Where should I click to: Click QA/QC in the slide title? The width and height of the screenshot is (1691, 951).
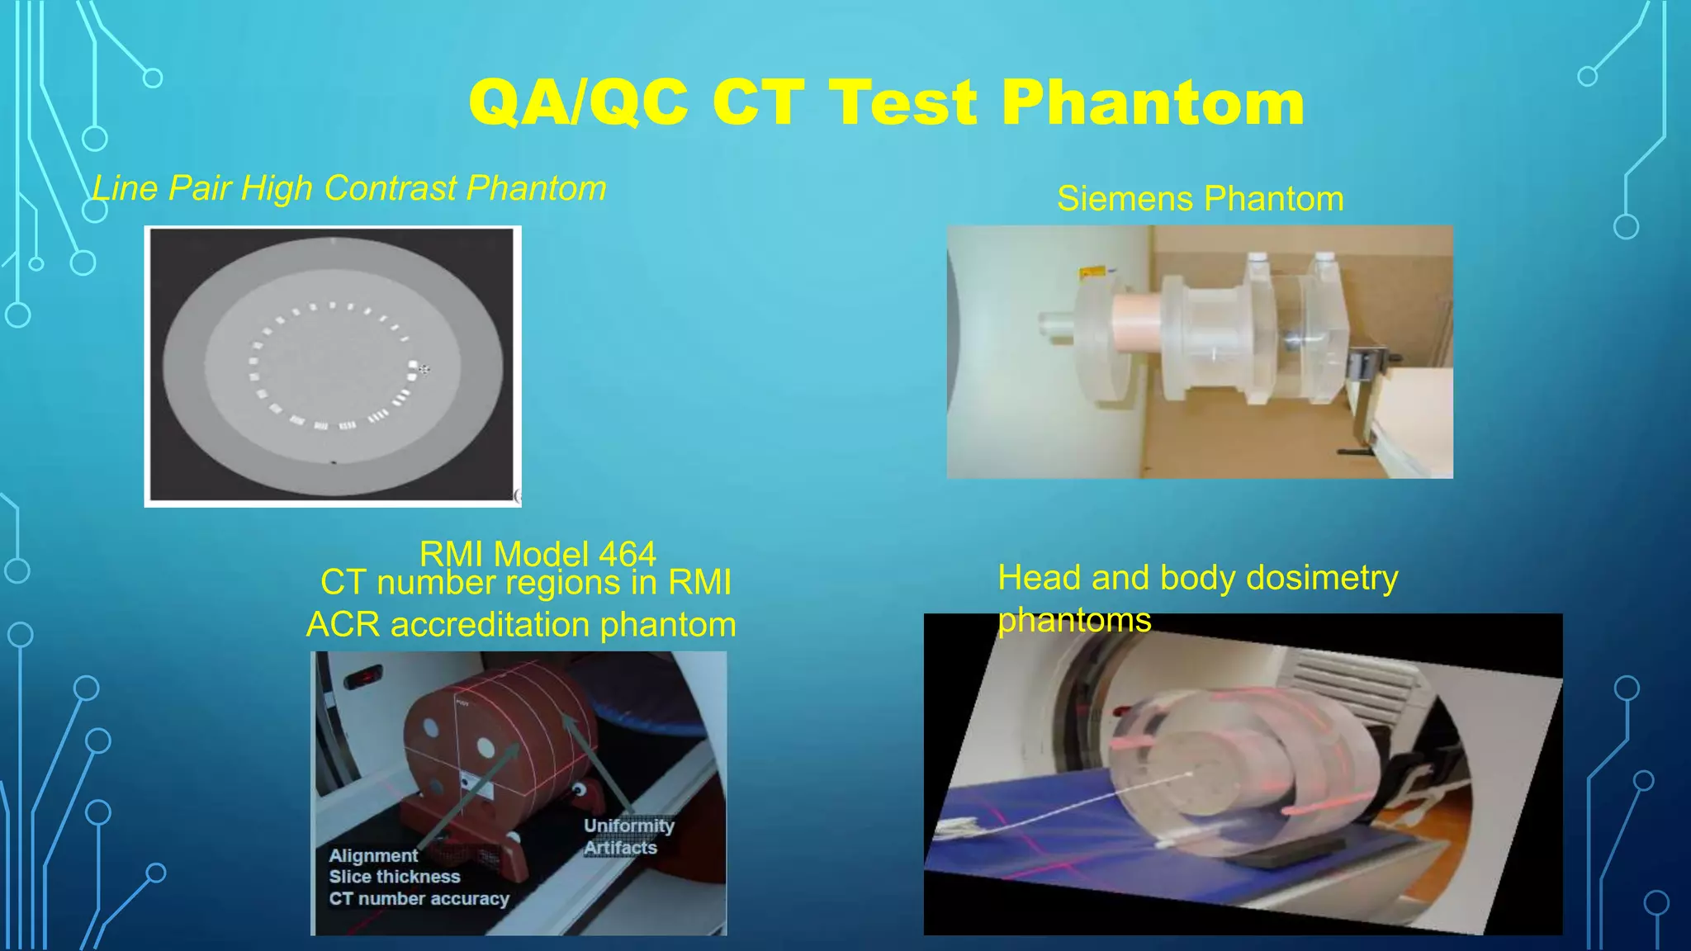click(x=578, y=103)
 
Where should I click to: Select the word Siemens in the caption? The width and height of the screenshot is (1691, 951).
click(x=1125, y=199)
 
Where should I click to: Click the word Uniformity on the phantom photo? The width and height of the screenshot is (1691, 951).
click(x=628, y=826)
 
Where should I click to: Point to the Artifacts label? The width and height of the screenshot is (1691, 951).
click(x=620, y=848)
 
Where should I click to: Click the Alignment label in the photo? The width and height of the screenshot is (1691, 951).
click(x=373, y=856)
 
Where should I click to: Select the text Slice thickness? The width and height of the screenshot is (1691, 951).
click(x=395, y=877)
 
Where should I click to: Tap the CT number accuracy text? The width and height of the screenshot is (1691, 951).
click(x=419, y=899)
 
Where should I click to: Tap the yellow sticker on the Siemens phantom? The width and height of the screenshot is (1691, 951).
click(x=1092, y=272)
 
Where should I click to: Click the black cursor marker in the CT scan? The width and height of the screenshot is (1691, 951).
click(x=424, y=369)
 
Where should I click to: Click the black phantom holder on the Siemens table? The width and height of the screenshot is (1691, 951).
click(x=1367, y=363)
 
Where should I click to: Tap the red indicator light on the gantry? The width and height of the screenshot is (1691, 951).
click(x=363, y=679)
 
